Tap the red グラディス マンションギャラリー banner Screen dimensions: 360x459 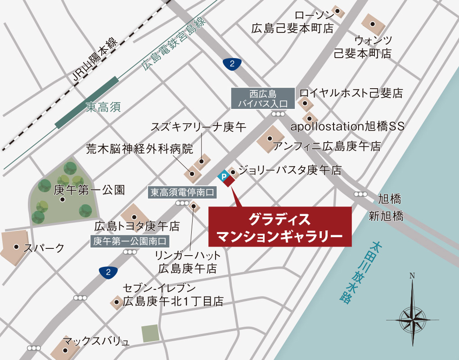coord(280,227)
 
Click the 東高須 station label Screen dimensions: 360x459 coord(103,107)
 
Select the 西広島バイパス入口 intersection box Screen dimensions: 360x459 coord(263,99)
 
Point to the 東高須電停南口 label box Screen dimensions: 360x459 coord(183,193)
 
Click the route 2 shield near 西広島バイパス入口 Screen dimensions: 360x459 coord(232,64)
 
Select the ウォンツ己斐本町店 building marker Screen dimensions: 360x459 coord(372,23)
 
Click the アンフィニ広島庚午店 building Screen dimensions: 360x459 coord(270,138)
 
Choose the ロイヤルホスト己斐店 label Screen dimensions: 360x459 coord(351,93)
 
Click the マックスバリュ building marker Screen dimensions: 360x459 coord(66,350)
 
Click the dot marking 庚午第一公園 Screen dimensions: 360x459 coord(63,199)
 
